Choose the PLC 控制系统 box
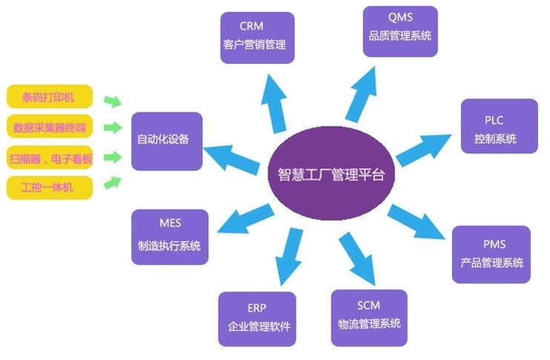pyautogui.click(x=498, y=126)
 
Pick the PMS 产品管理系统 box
pyautogui.click(x=491, y=254)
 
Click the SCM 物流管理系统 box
pyautogui.click(x=368, y=318)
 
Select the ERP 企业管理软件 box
pyautogui.click(x=257, y=318)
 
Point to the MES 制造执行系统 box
pyautogui.click(x=169, y=237)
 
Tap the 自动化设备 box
pyautogui.click(x=166, y=140)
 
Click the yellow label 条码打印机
pyautogui.click(x=50, y=97)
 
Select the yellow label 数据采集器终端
pyautogui.click(x=50, y=127)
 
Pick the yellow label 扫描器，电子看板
pyautogui.click(x=50, y=157)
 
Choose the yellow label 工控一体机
pyautogui.click(x=50, y=187)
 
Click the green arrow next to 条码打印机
pyautogui.click(x=112, y=100)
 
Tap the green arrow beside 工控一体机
pyautogui.click(x=112, y=182)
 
